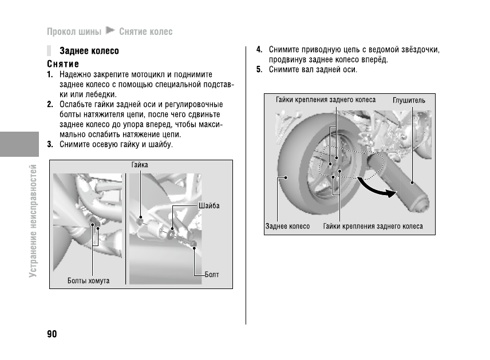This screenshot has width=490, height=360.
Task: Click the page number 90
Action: point(52,334)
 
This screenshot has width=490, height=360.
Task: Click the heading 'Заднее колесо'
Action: point(89,51)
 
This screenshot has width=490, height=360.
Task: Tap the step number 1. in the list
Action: point(51,74)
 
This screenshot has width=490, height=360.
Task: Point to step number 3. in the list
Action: point(51,144)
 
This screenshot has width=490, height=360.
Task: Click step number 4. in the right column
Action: point(259,50)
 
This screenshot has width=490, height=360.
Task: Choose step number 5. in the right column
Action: point(259,70)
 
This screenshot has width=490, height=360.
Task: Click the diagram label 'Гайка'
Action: point(140,165)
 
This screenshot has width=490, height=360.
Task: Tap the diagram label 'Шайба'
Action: point(209,205)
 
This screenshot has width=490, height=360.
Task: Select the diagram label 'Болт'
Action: point(212,275)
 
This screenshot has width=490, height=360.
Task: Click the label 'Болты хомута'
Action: point(88,281)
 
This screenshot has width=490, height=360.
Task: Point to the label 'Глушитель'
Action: point(409,100)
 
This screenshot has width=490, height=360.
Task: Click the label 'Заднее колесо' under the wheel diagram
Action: point(287,226)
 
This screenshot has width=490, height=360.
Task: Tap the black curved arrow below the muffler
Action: point(377,188)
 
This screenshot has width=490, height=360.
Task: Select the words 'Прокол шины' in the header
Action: point(74,31)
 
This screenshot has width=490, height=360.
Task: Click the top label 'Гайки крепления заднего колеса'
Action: point(326,100)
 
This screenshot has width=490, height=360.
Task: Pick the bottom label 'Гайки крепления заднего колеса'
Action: point(373,226)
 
